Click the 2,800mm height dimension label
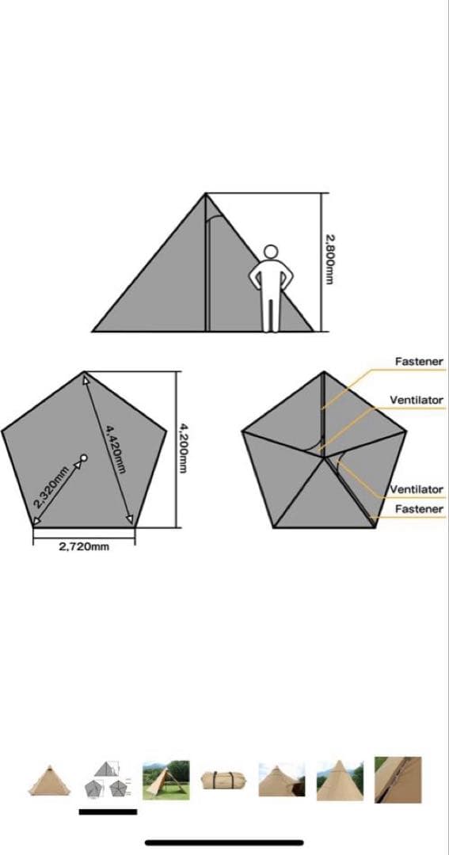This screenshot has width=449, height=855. click(x=329, y=260)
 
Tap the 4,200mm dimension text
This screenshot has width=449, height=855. click(x=183, y=449)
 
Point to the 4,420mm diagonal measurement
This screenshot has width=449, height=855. click(x=111, y=450)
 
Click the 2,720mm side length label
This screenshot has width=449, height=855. click(x=84, y=547)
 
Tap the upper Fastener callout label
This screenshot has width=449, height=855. click(x=419, y=362)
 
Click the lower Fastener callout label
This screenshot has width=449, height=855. click(x=419, y=509)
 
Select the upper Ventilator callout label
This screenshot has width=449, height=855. click(x=417, y=401)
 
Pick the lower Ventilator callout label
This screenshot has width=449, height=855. click(x=417, y=489)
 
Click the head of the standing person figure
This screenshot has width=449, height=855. click(x=271, y=252)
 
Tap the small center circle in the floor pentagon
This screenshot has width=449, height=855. click(x=83, y=458)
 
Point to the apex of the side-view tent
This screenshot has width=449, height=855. click(x=206, y=193)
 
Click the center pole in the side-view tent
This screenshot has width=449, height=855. click(x=206, y=262)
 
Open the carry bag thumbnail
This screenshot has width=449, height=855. click(x=223, y=781)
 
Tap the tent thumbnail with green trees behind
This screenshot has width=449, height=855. click(x=166, y=781)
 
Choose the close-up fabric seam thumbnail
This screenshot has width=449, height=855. click(x=398, y=779)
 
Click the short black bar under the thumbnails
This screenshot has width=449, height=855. click(x=108, y=812)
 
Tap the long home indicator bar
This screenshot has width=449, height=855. click(x=224, y=842)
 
